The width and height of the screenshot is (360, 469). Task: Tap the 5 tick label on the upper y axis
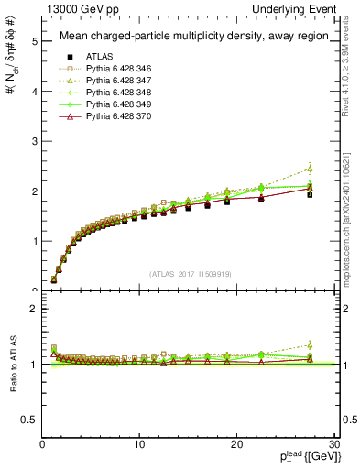(x=33, y=42)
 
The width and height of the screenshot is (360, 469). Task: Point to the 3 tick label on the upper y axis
(x=33, y=142)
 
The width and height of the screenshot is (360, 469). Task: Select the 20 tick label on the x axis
(x=236, y=444)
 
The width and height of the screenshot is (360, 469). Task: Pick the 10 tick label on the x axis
(x=139, y=444)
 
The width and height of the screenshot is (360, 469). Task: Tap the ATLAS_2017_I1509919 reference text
(x=190, y=273)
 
